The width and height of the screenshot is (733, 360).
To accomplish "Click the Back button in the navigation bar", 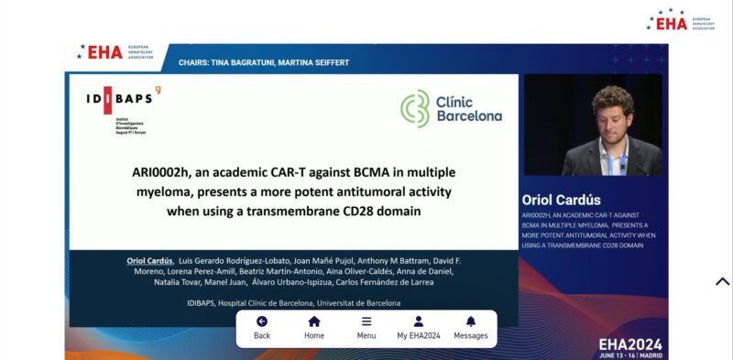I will [x=262, y=327].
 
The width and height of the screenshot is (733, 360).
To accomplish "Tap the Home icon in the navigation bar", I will [x=314, y=327].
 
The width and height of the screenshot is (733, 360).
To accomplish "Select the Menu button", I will [x=366, y=327].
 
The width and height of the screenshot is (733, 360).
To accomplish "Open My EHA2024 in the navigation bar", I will [x=419, y=327].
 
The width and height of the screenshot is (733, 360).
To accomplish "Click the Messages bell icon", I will [x=471, y=327].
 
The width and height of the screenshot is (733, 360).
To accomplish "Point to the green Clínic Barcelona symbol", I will [x=415, y=108].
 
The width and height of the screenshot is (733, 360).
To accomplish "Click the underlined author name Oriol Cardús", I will [x=148, y=261].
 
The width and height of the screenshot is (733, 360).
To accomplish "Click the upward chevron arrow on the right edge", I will [x=722, y=281].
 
